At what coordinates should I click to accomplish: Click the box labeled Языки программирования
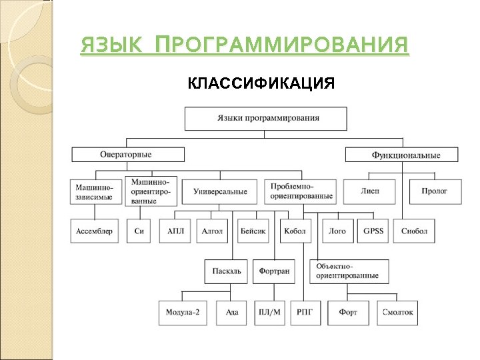pyautogui.click(x=265, y=118)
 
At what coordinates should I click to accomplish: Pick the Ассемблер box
pyautogui.click(x=94, y=231)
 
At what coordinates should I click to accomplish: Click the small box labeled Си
pyautogui.click(x=139, y=231)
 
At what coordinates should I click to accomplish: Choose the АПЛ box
pyautogui.click(x=175, y=231)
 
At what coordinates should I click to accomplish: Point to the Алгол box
pyautogui.click(x=212, y=231)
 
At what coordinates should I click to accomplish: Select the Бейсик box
pyautogui.click(x=253, y=231)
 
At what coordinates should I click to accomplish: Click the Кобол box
pyautogui.click(x=295, y=231)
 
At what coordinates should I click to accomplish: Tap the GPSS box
pyautogui.click(x=373, y=231)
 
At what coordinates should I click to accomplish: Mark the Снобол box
pyautogui.click(x=415, y=231)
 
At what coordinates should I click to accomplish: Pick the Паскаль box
pyautogui.click(x=226, y=271)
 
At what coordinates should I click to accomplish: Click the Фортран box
pyautogui.click(x=273, y=271)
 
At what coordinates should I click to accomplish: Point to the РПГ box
pyautogui.click(x=305, y=312)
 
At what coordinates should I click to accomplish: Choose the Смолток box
pyautogui.click(x=398, y=312)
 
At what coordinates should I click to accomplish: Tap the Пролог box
pyautogui.click(x=434, y=191)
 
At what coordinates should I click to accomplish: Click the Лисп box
pyautogui.click(x=369, y=191)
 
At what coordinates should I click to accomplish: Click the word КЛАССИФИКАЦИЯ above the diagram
pyautogui.click(x=261, y=83)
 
